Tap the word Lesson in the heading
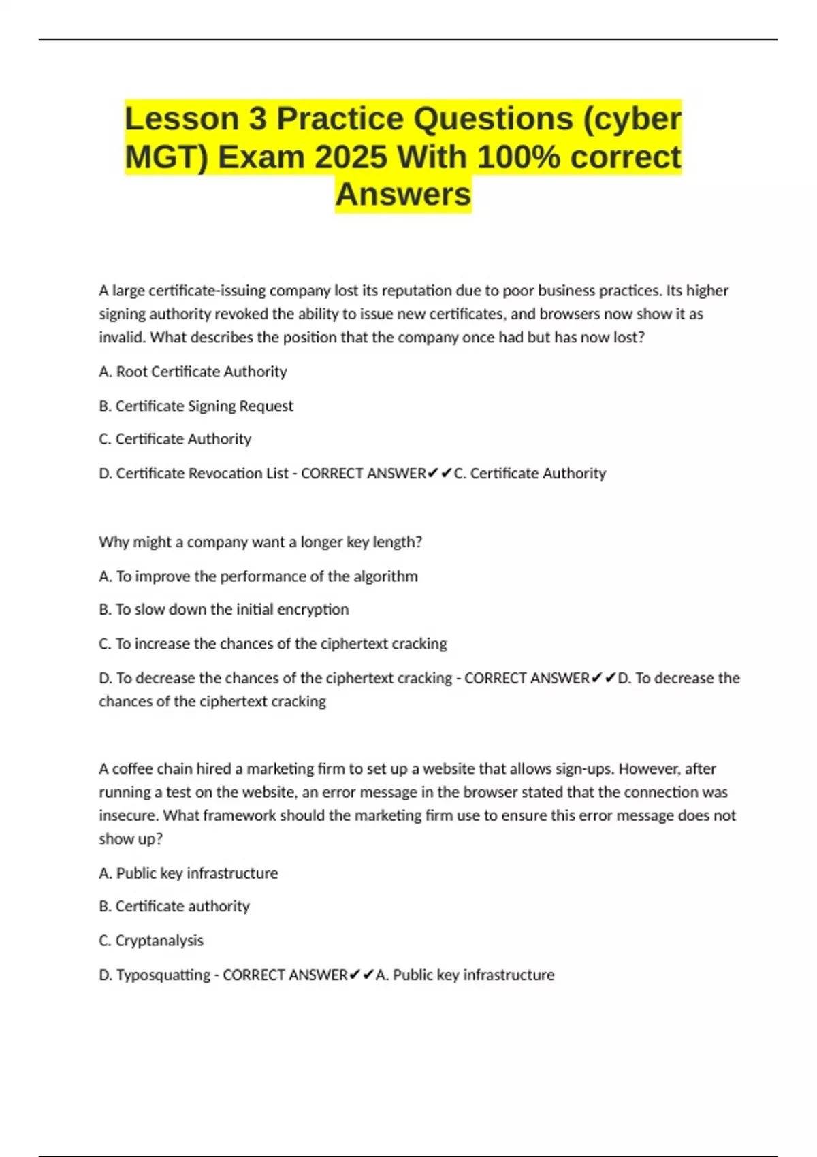pos(182,119)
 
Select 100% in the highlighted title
pos(519,157)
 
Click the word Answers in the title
pos(403,194)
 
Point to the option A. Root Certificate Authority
pos(193,372)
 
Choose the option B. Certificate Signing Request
pos(196,406)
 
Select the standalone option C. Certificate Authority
pos(175,439)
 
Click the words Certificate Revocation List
pos(202,473)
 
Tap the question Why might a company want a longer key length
pos(260,542)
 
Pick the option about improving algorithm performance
pos(258,576)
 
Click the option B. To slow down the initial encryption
pos(223,609)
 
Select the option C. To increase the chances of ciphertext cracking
pos(272,643)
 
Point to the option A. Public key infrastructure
pos(188,873)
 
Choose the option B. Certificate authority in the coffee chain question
pos(174,906)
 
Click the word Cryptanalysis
pos(159,940)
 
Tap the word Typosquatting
pos(163,975)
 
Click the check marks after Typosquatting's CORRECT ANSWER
pos(361,975)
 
